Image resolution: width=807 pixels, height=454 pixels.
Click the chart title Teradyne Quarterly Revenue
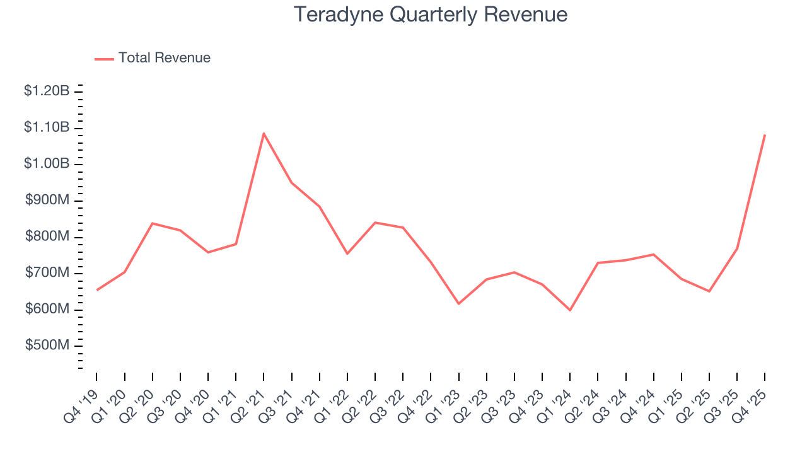pyautogui.click(x=431, y=15)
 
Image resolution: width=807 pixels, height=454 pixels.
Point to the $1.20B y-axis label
pyautogui.click(x=47, y=91)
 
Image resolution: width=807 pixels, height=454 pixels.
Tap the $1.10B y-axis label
pyautogui.click(x=47, y=128)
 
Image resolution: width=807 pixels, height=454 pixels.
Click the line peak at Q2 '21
pyautogui.click(x=264, y=133)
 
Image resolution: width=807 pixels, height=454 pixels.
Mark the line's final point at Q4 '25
pyautogui.click(x=765, y=135)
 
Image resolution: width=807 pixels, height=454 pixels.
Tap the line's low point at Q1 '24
pyautogui.click(x=570, y=310)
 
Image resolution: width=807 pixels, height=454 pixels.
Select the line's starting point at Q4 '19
pyautogui.click(x=96, y=290)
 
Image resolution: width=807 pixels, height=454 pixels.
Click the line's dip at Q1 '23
pyautogui.click(x=458, y=304)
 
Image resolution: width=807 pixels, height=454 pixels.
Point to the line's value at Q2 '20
pyautogui.click(x=152, y=223)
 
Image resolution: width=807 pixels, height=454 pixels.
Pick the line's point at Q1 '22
pyautogui.click(x=347, y=253)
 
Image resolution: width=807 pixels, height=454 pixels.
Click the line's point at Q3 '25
pyautogui.click(x=737, y=248)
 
